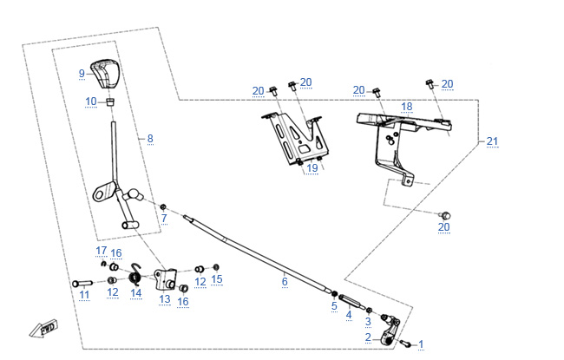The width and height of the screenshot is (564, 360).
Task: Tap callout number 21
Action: coord(492,141)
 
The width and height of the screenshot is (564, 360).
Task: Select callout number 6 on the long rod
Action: coord(284,281)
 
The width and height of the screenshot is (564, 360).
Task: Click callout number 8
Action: coord(149,138)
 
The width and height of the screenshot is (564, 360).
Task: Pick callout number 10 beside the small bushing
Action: coord(91,101)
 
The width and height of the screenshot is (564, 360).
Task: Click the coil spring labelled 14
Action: coord(135,277)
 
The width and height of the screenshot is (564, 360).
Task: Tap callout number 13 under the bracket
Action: coord(164,298)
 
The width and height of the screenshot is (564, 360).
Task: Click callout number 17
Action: coord(100,251)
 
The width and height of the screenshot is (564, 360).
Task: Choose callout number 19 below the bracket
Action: coord(312,168)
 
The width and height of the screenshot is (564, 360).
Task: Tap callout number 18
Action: coord(406,106)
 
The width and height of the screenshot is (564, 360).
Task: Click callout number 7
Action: coord(163,219)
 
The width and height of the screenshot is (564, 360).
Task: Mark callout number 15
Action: coord(217,279)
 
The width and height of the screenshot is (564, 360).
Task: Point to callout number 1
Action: coord(422,344)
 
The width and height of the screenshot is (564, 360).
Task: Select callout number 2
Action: coord(368,337)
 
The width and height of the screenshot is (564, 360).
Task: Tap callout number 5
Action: coord(334,305)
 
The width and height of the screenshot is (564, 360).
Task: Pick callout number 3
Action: coord(368,322)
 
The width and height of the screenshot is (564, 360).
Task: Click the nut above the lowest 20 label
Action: coord(444,214)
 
